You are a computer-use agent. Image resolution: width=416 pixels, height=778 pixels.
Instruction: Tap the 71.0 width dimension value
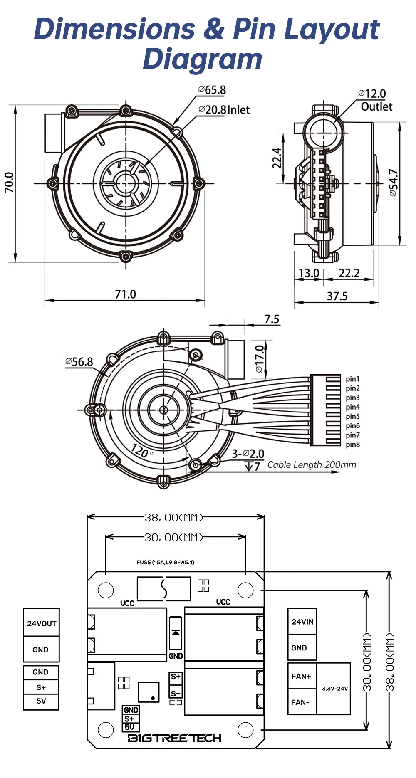pos(125,294)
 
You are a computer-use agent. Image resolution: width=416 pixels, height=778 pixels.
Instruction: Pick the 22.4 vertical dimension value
pos(277,158)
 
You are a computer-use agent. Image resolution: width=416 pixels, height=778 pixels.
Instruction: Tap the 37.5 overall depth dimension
pos(337,296)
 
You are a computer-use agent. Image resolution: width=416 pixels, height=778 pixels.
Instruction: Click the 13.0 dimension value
pos(309,273)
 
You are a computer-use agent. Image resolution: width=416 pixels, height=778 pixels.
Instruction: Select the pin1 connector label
pos(352,379)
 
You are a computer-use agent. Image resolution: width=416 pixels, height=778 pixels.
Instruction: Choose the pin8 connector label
pos(352,445)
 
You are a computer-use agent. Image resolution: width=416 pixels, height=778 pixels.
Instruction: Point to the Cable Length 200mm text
pos(312,465)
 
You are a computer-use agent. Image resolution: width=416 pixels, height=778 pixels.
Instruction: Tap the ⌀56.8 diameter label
pos(79,362)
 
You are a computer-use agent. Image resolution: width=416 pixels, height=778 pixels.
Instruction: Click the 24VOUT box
pos(41,623)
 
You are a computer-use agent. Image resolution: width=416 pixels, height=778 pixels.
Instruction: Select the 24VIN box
pos(302,622)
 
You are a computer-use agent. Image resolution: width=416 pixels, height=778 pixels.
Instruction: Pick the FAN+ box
pos(301,676)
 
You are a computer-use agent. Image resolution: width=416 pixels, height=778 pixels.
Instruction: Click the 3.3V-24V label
pos(335,689)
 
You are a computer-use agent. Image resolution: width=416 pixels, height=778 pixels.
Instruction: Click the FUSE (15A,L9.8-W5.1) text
pos(165,562)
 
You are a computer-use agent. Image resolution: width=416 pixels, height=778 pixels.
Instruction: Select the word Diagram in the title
pos(203,58)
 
